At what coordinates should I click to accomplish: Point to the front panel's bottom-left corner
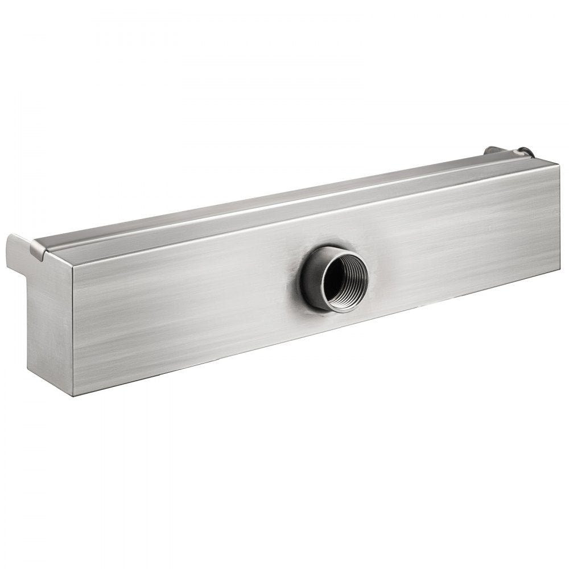[x=74, y=395]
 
